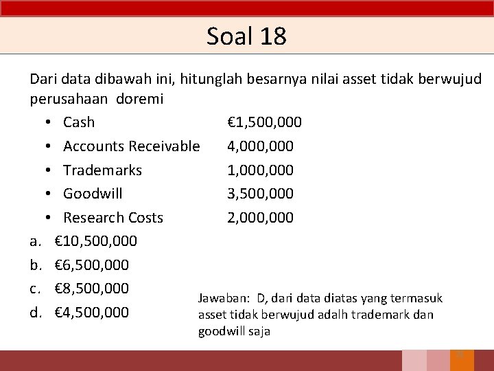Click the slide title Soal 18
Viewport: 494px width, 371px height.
tap(246, 36)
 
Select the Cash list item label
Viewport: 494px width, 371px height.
tap(79, 122)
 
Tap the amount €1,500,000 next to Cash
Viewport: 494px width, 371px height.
tap(264, 122)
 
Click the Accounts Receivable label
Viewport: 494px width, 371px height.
tap(131, 146)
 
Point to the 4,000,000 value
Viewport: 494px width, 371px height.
tap(260, 146)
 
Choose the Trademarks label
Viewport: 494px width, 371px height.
tap(102, 170)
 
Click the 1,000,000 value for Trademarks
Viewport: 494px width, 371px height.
tap(260, 170)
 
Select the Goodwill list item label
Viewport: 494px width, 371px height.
tap(93, 194)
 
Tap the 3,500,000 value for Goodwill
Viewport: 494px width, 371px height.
tap(260, 194)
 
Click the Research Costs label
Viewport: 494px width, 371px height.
tap(113, 218)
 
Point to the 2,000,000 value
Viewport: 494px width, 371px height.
tap(260, 218)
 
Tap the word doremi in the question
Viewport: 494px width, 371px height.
tap(140, 99)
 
